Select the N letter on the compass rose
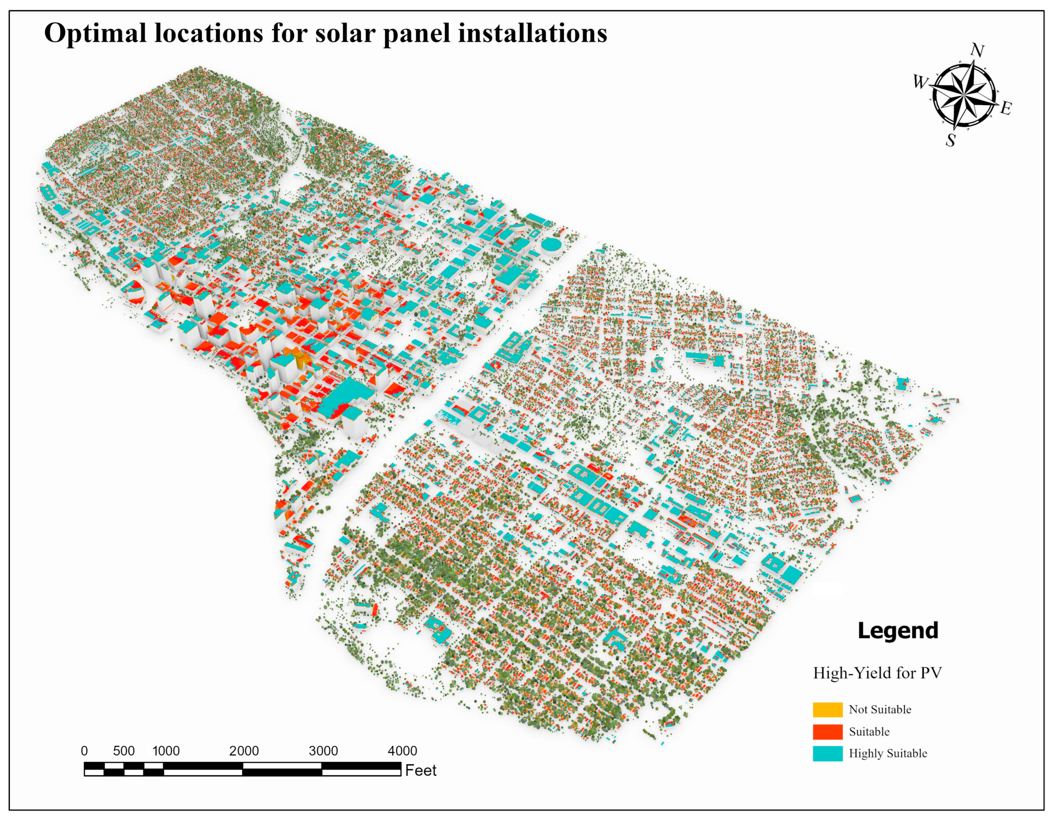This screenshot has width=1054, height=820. pos(977,50)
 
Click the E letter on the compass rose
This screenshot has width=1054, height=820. pos(1006,108)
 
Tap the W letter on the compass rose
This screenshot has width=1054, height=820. pos(920,83)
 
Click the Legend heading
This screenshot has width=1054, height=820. pos(898,631)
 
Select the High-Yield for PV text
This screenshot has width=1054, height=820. pos(877,673)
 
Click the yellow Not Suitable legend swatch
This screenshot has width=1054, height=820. pos(828,709)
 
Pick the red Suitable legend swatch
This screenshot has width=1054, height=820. pos(828,731)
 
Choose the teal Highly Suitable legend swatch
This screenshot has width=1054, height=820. pos(828,753)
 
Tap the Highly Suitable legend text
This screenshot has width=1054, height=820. pos(888,753)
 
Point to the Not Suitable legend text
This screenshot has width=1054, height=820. pos(880,709)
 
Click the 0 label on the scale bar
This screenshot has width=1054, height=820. pos(85,751)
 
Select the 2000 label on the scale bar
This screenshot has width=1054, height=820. pos(244,751)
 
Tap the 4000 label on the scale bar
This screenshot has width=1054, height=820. pos(402,751)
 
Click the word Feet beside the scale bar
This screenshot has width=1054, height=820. pos(420,770)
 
